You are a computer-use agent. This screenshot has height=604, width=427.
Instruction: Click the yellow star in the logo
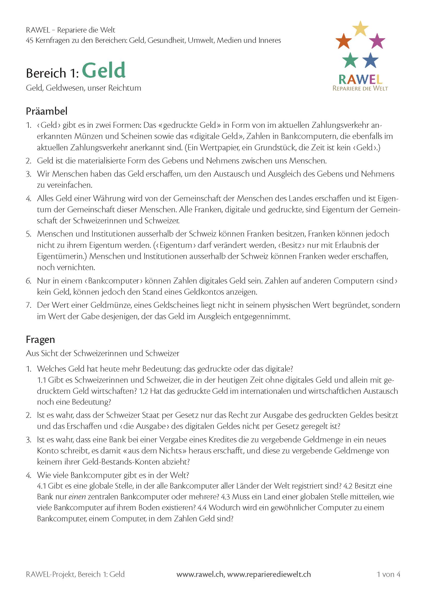(360, 28)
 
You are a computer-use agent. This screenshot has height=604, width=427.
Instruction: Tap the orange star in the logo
(344, 41)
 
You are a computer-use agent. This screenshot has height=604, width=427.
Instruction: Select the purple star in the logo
(377, 41)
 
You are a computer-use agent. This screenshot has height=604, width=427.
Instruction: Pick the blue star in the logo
(370, 60)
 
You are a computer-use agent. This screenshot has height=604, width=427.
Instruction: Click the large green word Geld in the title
(104, 70)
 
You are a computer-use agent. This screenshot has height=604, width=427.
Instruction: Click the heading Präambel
(46, 111)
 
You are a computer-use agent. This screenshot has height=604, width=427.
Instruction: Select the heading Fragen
(40, 339)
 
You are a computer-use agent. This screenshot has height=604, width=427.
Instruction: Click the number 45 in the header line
(29, 40)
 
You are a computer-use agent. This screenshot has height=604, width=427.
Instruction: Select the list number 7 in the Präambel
(28, 305)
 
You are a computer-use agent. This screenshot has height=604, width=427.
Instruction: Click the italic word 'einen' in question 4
(77, 497)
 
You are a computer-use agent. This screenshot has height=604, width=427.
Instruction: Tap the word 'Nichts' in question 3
(170, 451)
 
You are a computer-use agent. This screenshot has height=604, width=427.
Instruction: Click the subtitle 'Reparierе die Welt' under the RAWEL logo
(360, 88)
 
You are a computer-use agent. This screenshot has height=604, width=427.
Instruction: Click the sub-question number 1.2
(144, 391)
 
